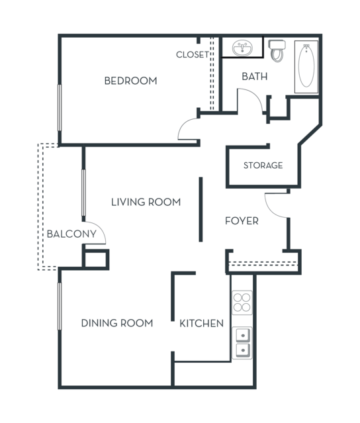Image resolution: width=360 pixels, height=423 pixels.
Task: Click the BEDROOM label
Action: [131, 81]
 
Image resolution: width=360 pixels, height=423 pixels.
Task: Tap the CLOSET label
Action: [193, 54]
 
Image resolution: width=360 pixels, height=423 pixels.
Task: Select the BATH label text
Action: [255, 76]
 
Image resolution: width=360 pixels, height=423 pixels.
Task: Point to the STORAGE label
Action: [263, 165]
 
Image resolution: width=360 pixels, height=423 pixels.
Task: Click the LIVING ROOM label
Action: [146, 202]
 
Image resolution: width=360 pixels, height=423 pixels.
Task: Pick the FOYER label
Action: [242, 220]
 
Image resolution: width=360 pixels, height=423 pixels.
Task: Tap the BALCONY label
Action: [71, 234]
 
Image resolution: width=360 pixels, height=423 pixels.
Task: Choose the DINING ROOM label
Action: [117, 323]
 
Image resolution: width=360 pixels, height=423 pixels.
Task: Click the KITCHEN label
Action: [201, 323]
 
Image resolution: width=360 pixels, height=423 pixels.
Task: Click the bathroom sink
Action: [242, 48]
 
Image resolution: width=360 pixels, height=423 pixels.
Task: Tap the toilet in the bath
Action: [277, 50]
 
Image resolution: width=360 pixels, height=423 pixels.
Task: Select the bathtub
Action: [306, 67]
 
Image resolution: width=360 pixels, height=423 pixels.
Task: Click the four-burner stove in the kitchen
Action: [242, 303]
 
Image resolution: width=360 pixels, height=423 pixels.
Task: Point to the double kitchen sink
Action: [242, 343]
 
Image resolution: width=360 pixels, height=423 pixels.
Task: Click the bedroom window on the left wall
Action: [60, 108]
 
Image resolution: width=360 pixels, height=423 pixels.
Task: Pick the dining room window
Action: [60, 306]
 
